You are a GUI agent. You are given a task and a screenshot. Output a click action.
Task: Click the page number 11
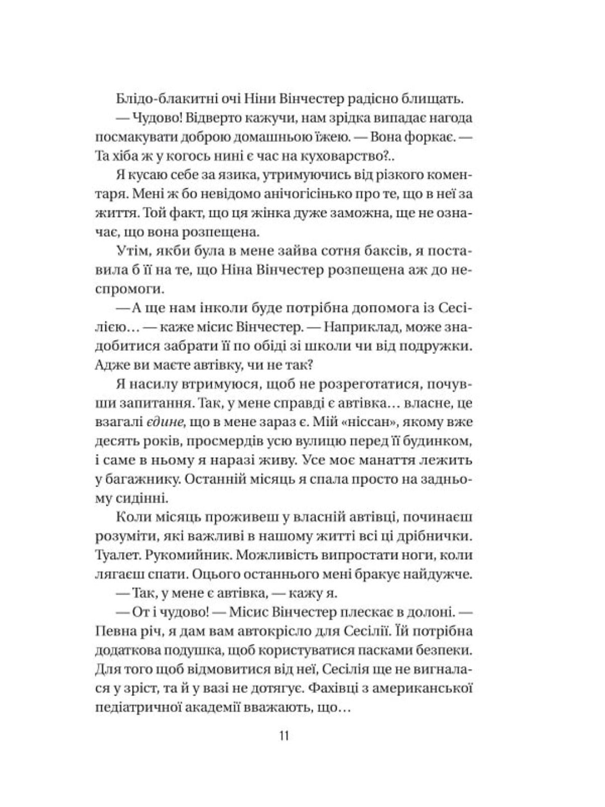283,736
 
